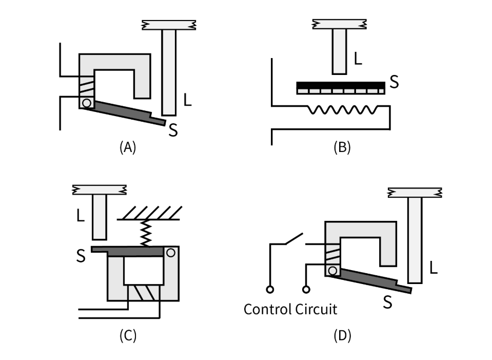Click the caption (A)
pyautogui.click(x=128, y=147)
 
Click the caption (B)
pyautogui.click(x=342, y=147)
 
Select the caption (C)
pyautogui.click(x=128, y=336)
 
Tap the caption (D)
pyautogui.click(x=342, y=336)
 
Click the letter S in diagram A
pyautogui.click(x=173, y=130)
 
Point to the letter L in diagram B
pyautogui.click(x=358, y=59)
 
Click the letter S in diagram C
pyautogui.click(x=81, y=256)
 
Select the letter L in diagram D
pyautogui.click(x=434, y=268)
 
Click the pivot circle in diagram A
pyautogui.click(x=87, y=103)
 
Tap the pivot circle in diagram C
pyautogui.click(x=171, y=253)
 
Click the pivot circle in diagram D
pyautogui.click(x=332, y=271)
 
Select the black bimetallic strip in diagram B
pyautogui.click(x=341, y=85)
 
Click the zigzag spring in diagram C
pyautogui.click(x=146, y=233)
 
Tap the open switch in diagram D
pyautogui.click(x=294, y=238)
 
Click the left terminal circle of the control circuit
pyautogui.click(x=270, y=289)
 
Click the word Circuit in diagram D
pyautogui.click(x=316, y=310)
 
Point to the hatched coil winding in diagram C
pyautogui.click(x=144, y=293)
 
